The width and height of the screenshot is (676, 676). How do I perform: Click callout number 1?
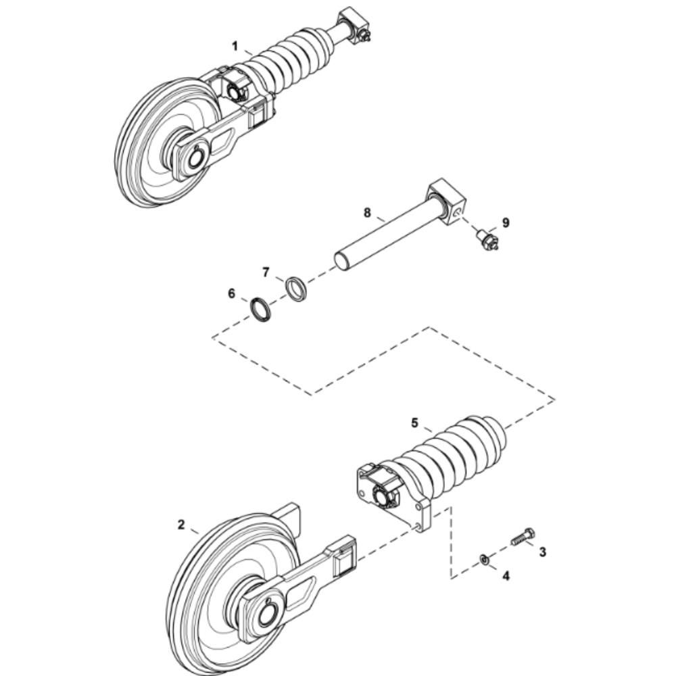(235, 46)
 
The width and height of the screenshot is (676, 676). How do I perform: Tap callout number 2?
(181, 525)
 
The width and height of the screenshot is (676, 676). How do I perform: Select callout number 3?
(542, 552)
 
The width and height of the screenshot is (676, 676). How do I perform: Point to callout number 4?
(506, 575)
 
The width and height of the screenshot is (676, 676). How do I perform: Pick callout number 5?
(415, 423)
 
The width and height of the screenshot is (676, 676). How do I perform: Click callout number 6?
(231, 293)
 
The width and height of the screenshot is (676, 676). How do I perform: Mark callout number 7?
(266, 272)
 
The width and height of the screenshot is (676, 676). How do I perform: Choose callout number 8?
(367, 212)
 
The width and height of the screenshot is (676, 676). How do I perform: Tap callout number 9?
(506, 222)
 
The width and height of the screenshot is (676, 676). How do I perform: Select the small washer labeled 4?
(484, 560)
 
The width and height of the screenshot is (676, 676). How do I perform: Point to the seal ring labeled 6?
(261, 309)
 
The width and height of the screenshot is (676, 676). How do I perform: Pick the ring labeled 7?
(297, 288)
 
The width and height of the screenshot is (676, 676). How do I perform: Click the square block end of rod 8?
(448, 201)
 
